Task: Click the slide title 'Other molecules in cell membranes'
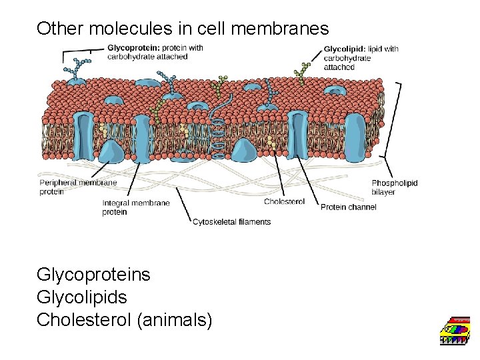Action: pos(183,28)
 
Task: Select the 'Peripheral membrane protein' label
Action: pos(78,187)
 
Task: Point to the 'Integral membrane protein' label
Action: pos(135,207)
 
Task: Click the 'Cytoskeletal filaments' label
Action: pos(231,222)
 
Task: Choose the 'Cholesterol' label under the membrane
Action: pos(284,201)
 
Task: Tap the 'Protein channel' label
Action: pos(348,207)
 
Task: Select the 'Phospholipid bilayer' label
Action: pos(394,187)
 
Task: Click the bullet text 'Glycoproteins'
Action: pos(93,274)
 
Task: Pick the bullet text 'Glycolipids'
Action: pos(81,297)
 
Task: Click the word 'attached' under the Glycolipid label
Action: pos(339,67)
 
